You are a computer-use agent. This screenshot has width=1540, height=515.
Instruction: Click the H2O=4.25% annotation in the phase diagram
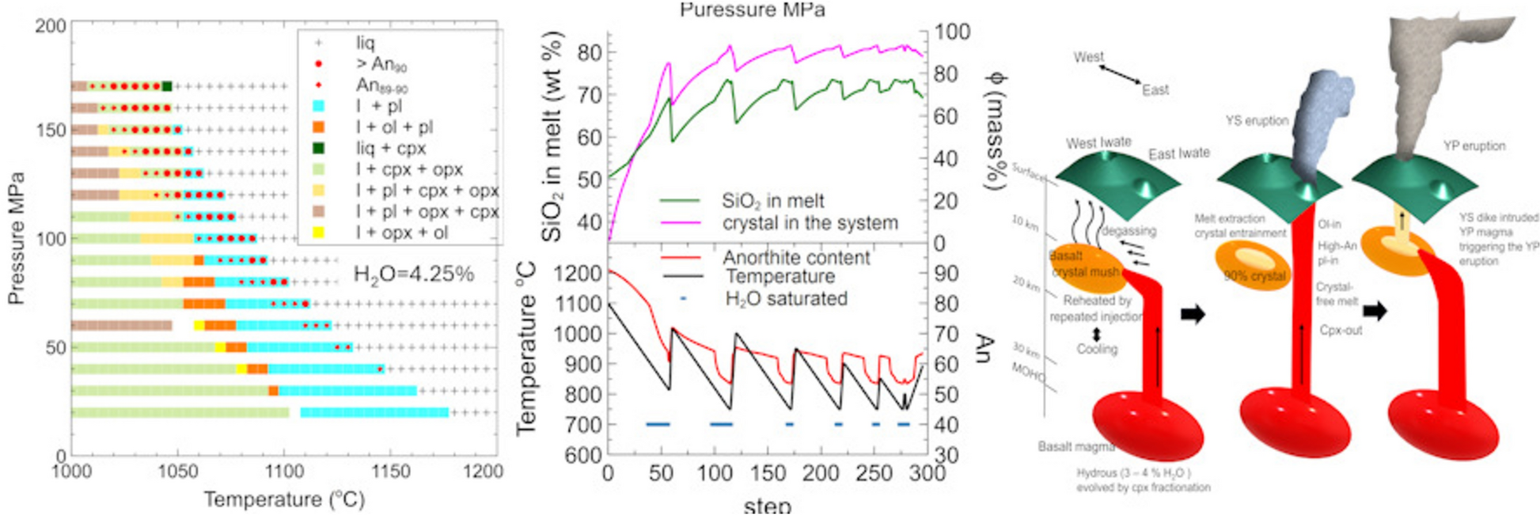(413, 275)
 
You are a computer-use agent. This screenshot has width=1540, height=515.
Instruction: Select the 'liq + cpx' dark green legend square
(318, 148)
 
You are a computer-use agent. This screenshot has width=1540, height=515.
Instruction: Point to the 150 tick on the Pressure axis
(51, 130)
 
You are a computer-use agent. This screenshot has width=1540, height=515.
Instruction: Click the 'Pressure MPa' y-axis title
(16, 238)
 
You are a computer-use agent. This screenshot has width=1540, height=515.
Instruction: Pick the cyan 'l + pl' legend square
(318, 106)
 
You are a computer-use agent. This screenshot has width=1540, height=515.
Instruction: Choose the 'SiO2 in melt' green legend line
(679, 201)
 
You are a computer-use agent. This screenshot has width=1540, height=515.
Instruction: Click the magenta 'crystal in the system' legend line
(679, 223)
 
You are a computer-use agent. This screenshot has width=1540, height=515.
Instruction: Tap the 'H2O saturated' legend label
(786, 299)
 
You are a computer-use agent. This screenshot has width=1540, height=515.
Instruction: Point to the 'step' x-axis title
(767, 505)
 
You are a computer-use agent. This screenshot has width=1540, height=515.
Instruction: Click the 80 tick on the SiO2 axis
(590, 53)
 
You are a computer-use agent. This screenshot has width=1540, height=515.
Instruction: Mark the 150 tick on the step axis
(768, 473)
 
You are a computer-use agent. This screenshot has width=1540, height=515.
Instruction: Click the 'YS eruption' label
(1257, 120)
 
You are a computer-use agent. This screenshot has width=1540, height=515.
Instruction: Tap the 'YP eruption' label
(1474, 146)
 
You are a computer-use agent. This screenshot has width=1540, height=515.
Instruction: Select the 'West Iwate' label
(1098, 143)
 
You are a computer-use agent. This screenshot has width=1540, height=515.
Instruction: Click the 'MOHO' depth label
(1028, 372)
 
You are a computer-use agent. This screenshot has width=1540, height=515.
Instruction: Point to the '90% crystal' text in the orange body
(1254, 276)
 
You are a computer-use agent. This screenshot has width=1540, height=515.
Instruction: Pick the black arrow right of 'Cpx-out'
(1375, 310)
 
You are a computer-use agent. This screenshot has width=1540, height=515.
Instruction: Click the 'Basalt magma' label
(1075, 447)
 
